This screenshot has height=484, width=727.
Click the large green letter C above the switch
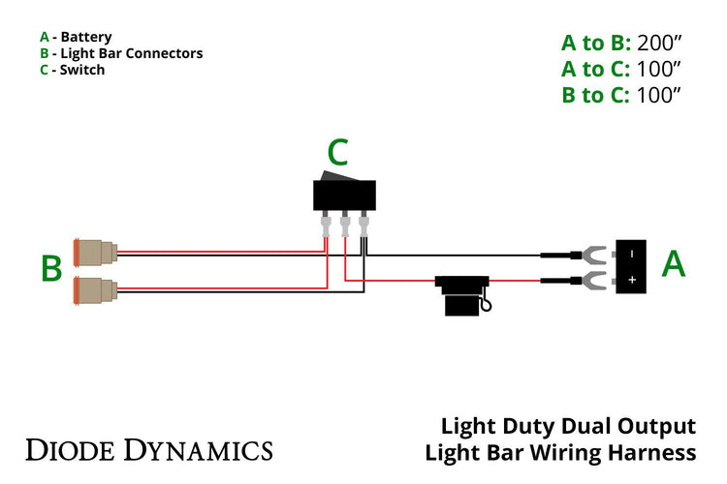point(337,153)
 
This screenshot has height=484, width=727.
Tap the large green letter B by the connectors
point(51,268)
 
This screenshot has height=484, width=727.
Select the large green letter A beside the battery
point(674,262)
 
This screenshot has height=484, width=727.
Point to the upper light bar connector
point(96,254)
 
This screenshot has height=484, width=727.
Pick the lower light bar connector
point(96,288)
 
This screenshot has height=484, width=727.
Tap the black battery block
point(631,266)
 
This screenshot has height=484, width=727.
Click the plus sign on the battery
point(631,280)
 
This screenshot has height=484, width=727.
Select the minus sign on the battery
point(631,254)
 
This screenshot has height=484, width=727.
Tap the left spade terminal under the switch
point(326,228)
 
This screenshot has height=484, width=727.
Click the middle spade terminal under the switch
point(344,228)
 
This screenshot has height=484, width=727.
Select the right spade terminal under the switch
point(363,228)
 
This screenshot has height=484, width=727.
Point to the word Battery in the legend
point(86,37)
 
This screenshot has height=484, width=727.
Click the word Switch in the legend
point(82,70)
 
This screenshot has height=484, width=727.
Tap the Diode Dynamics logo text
point(148,449)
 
